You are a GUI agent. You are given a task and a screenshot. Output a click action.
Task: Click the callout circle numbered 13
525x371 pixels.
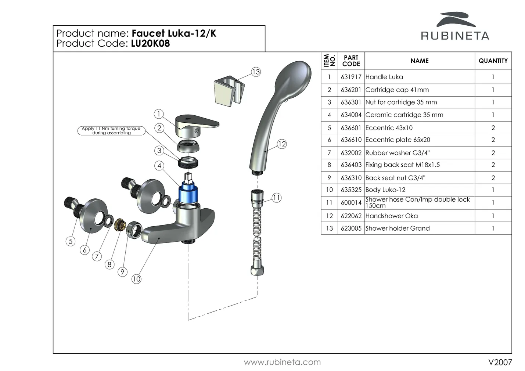click(x=256, y=72)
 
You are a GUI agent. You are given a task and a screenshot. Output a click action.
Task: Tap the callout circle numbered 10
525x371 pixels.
click(x=136, y=279)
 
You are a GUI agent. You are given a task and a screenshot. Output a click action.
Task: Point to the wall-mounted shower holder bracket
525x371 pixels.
click(x=228, y=90)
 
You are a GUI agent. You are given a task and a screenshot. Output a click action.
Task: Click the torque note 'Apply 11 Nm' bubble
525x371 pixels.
click(x=111, y=130)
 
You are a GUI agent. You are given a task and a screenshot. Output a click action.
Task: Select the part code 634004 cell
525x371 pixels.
click(x=351, y=115)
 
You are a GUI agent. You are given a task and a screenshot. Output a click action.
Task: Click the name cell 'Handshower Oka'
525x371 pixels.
click(x=391, y=216)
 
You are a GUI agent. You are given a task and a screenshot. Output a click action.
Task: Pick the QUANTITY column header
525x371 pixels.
click(x=493, y=61)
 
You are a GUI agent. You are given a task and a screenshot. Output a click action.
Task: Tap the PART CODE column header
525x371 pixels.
click(x=351, y=61)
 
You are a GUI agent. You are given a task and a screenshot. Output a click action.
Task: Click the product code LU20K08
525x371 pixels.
click(x=150, y=43)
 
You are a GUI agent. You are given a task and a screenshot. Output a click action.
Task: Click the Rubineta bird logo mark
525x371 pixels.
click(x=456, y=20)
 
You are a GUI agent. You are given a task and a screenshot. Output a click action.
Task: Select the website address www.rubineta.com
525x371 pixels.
click(x=282, y=362)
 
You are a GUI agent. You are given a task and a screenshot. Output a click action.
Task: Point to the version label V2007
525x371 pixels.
click(x=500, y=362)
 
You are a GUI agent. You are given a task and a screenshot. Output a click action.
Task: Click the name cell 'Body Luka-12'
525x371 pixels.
click(x=385, y=190)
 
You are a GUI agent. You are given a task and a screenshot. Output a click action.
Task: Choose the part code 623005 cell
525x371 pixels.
click(x=351, y=228)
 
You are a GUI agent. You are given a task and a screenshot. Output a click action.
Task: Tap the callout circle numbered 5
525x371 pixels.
click(x=71, y=241)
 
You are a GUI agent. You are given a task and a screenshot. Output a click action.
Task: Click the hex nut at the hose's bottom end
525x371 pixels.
click(x=256, y=270)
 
